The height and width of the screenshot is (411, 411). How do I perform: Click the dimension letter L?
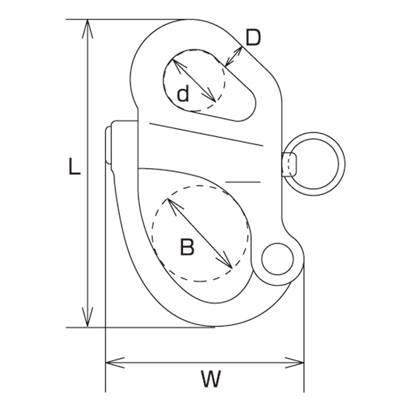coord(74,166)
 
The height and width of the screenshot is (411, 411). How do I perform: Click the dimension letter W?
coord(211,379)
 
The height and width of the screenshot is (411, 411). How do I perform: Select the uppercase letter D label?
coord(253,37)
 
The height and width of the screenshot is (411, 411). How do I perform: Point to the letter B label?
coord(187,247)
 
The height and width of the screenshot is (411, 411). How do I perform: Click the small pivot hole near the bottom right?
coord(277,259)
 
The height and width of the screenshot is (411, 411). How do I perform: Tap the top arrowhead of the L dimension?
coord(88,29)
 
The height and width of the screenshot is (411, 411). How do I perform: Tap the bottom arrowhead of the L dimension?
coord(88,317)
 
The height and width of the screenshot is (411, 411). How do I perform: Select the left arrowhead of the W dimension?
coord(115,363)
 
